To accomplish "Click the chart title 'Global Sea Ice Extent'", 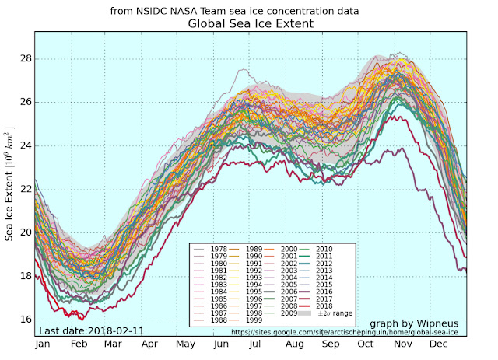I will point(250,24).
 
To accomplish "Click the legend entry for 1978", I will point(219,248).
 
